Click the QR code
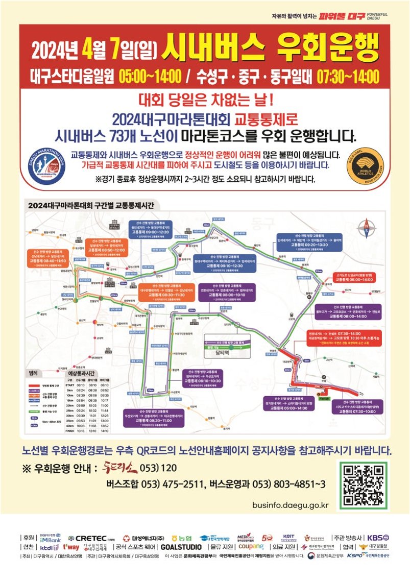coord(363,486)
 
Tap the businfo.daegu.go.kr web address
coord(291,505)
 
